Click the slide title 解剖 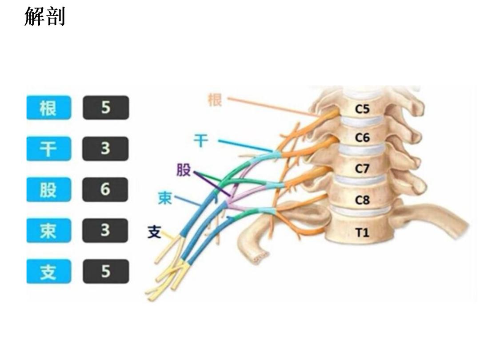pyautogui.click(x=44, y=16)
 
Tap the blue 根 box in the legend pyautogui.click(x=48, y=108)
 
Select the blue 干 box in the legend pyautogui.click(x=48, y=149)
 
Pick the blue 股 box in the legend pyautogui.click(x=48, y=190)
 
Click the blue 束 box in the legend pyautogui.click(x=48, y=231)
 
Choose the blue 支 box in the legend pyautogui.click(x=48, y=272)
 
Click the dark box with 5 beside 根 pyautogui.click(x=105, y=108)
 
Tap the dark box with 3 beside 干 pyautogui.click(x=105, y=149)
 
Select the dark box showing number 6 pyautogui.click(x=105, y=190)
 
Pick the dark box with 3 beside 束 pyautogui.click(x=105, y=231)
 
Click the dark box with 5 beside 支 pyautogui.click(x=105, y=272)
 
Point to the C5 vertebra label pyautogui.click(x=362, y=109)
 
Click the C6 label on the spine pyautogui.click(x=362, y=138)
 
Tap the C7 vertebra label pyautogui.click(x=362, y=169)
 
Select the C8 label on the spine pyautogui.click(x=362, y=200)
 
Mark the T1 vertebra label pyautogui.click(x=362, y=232)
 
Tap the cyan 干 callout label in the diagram pyautogui.click(x=201, y=141)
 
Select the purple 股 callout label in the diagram pyautogui.click(x=184, y=170)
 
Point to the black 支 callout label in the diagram pyautogui.click(x=154, y=232)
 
